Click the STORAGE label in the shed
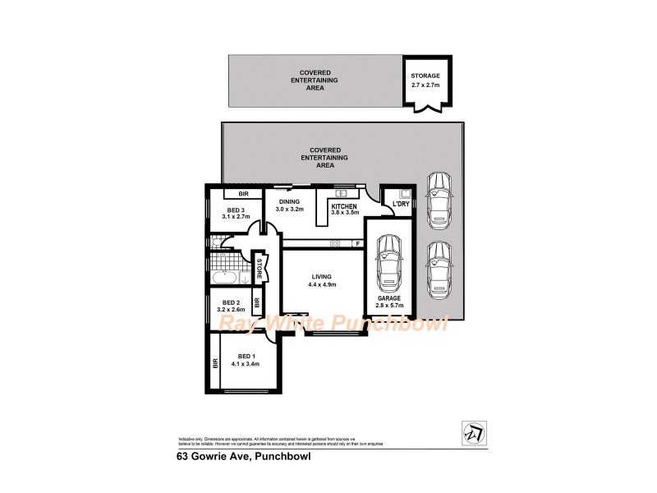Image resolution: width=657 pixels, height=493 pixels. click(425, 76)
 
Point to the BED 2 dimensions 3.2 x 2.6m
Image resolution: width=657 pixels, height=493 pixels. click(232, 310)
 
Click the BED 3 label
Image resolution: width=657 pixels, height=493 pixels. click(237, 210)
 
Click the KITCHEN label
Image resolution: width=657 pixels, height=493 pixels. click(344, 206)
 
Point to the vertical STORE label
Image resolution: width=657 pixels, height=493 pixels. click(259, 268)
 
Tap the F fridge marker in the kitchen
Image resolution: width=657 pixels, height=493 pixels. click(357, 243)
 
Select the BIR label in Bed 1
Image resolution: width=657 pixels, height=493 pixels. click(215, 362)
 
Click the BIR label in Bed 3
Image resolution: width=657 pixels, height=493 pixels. click(243, 194)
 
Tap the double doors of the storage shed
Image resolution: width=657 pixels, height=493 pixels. click(425, 108)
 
